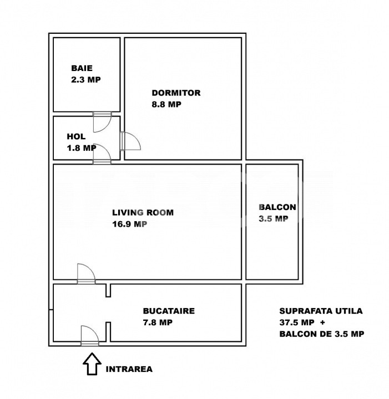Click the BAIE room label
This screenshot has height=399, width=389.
[x=82, y=68]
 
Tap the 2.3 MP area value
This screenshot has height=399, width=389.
[x=86, y=80]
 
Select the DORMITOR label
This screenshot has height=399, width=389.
[x=176, y=93]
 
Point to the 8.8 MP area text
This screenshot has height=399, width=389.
[x=166, y=104]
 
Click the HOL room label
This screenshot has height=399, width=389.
[x=76, y=136]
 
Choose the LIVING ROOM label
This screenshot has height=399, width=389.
[x=143, y=212]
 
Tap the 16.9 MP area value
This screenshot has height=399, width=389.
[x=130, y=224]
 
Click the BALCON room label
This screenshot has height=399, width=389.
[x=277, y=207]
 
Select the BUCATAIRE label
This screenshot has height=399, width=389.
[x=169, y=311]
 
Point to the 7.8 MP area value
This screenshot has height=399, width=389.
[x=158, y=323]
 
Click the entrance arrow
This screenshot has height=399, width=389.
[x=92, y=364]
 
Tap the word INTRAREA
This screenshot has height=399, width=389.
[x=129, y=369]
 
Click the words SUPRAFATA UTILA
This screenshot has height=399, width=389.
[x=321, y=311]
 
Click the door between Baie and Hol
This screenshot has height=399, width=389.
[x=102, y=121]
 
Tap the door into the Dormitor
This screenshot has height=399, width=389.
[x=130, y=141]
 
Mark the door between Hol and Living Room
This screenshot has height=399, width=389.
[x=102, y=154]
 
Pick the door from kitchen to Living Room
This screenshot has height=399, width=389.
[x=86, y=274]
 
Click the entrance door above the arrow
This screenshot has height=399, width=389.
[x=90, y=336]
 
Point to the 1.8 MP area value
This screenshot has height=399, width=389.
[x=82, y=148]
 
